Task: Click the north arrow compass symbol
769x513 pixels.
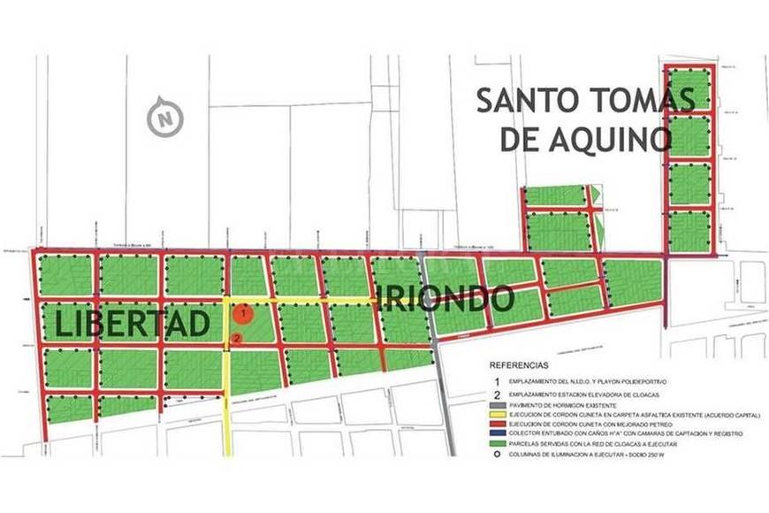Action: point(164,117)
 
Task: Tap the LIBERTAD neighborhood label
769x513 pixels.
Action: point(133,323)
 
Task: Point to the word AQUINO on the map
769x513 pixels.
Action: point(613,138)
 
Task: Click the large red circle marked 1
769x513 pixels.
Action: point(243,312)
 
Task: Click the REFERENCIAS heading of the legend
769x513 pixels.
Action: point(518,364)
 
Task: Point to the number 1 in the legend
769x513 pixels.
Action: point(496,379)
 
